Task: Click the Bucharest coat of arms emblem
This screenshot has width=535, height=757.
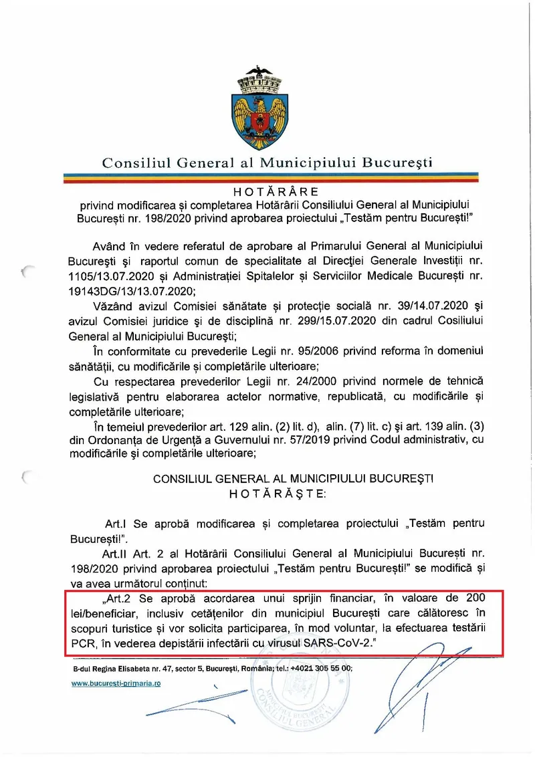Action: click(267, 107)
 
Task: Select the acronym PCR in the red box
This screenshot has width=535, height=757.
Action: click(80, 643)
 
